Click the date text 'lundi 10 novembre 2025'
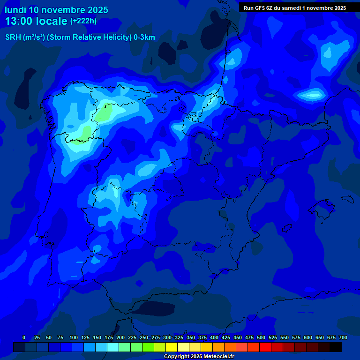[x=56, y=10]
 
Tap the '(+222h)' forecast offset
[x=83, y=21]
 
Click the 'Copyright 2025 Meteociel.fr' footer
[x=199, y=357]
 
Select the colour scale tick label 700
[x=343, y=337]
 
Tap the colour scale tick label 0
[x=24, y=337]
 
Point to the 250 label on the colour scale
[x=143, y=337]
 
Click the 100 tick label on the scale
[x=73, y=337]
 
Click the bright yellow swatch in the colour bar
[x=172, y=347]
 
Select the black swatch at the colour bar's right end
[x=336, y=347]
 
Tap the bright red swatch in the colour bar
[x=265, y=347]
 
